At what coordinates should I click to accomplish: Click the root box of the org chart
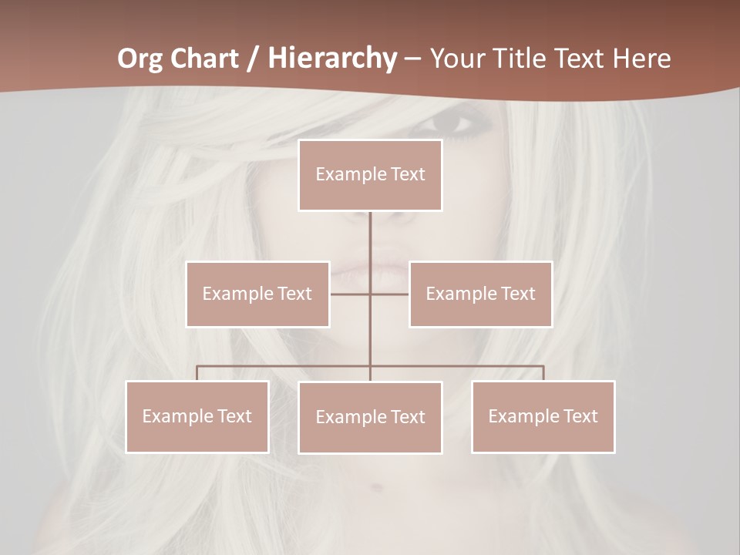click(x=370, y=175)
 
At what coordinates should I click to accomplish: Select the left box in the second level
click(x=257, y=294)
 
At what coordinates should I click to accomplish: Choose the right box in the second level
click(x=481, y=294)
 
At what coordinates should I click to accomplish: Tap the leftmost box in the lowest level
click(x=197, y=416)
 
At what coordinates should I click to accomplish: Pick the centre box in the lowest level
click(x=370, y=417)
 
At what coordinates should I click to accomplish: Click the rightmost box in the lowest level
click(x=543, y=416)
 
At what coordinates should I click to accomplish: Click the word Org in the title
click(x=141, y=59)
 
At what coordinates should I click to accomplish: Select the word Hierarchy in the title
click(x=331, y=59)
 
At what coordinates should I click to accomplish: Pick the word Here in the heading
click(x=641, y=59)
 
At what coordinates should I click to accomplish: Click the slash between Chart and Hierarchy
click(x=253, y=59)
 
